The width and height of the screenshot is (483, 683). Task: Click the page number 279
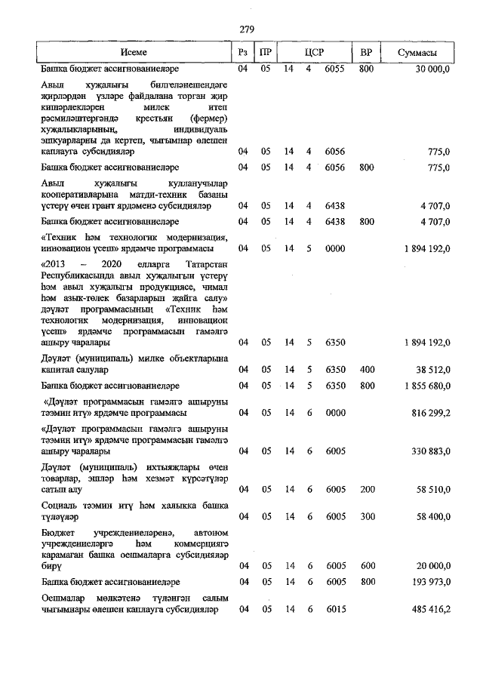pos(247,29)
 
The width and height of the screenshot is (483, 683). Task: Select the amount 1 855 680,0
pos(423,386)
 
